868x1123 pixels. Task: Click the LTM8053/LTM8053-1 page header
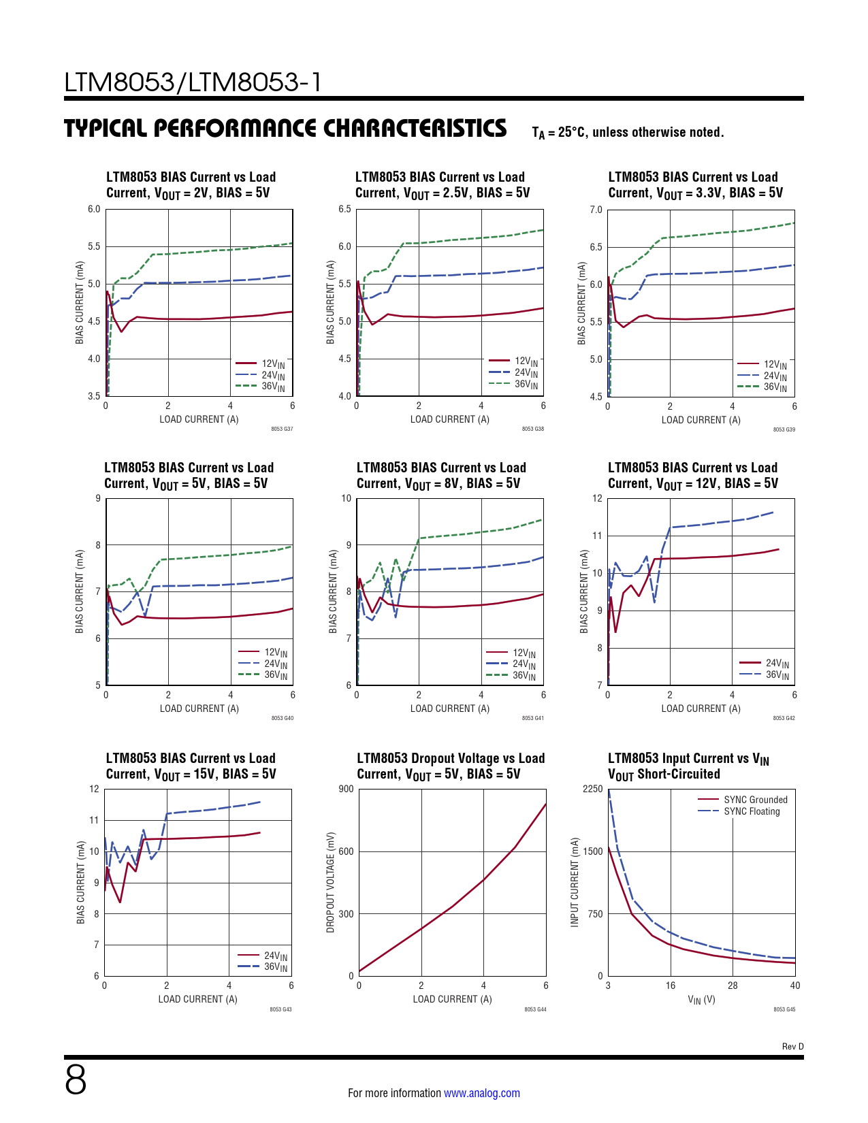tap(193, 82)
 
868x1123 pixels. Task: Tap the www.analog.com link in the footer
tap(481, 1093)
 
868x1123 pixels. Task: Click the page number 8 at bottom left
tap(76, 1079)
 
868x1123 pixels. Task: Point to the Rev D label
tap(792, 1047)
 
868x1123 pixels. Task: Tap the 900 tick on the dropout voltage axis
tap(346, 789)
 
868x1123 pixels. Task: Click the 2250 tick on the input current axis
tap(593, 789)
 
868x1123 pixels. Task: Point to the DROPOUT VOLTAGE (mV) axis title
tap(331, 882)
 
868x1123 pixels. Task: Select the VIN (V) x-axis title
tap(701, 1000)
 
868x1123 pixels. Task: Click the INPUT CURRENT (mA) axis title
tap(575, 882)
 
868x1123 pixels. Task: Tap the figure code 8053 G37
tap(282, 429)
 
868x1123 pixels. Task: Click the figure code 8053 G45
tap(784, 1009)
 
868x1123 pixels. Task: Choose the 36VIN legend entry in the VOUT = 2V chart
tap(273, 387)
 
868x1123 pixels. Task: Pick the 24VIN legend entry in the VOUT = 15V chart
tap(275, 956)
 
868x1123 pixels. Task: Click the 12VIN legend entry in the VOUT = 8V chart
tap(524, 653)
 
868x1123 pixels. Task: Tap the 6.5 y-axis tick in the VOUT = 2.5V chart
tap(344, 209)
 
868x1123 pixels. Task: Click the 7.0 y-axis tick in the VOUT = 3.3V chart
tap(596, 210)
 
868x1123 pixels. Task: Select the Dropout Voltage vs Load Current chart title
tap(451, 766)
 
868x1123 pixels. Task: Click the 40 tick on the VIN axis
tap(794, 986)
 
